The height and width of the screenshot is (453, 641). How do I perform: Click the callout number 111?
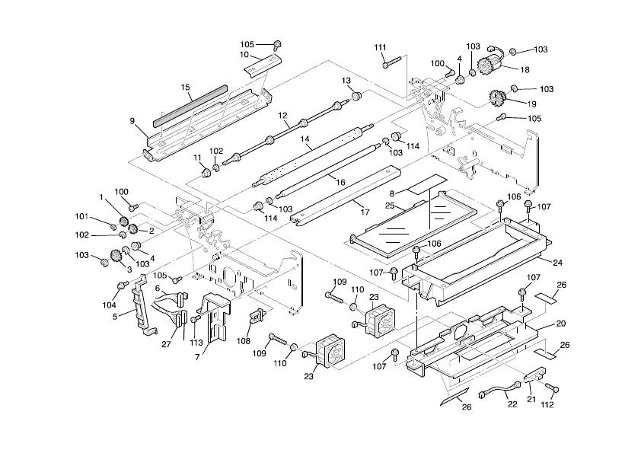(x=381, y=48)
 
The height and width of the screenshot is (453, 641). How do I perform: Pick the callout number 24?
(x=557, y=263)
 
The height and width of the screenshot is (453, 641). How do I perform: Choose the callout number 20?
(x=561, y=324)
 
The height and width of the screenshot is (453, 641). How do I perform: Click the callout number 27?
(x=167, y=344)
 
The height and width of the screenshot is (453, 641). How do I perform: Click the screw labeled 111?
(x=391, y=64)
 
